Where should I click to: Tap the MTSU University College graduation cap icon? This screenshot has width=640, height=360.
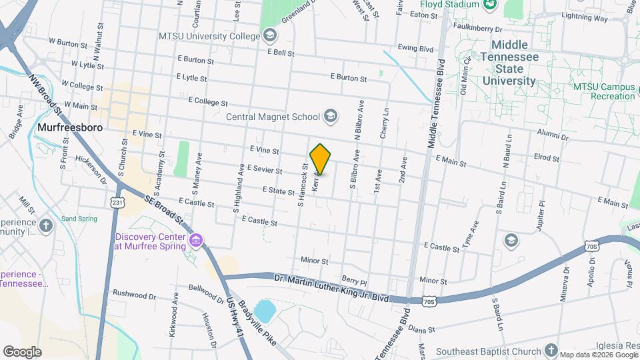[x=269, y=35]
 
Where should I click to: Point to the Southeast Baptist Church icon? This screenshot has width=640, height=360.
[x=551, y=350]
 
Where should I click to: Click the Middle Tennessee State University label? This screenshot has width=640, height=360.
[x=509, y=63]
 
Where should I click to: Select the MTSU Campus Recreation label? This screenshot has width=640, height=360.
[x=604, y=91]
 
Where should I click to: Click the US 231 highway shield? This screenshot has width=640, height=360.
[x=118, y=202]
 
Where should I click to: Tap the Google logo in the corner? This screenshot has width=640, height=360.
[x=22, y=351]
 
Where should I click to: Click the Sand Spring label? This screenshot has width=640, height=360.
[x=79, y=219]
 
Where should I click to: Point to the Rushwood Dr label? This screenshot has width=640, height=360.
[x=134, y=293]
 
